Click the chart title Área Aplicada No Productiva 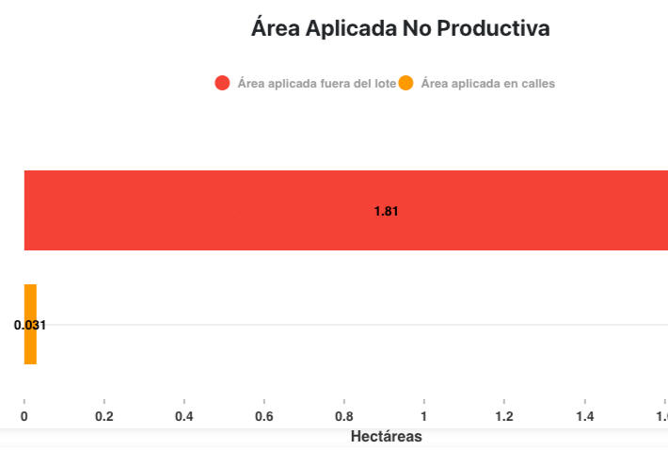click(x=400, y=28)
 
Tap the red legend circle click(x=223, y=83)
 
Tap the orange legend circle click(x=406, y=83)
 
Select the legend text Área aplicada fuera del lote click(x=316, y=83)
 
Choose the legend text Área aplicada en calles click(x=487, y=83)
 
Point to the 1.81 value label click(x=387, y=211)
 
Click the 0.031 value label click(x=30, y=325)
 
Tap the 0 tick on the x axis click(x=24, y=417)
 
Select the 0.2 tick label click(x=104, y=417)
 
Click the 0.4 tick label click(x=184, y=417)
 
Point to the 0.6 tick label click(x=264, y=417)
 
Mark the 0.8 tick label click(x=344, y=417)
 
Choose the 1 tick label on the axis click(x=424, y=417)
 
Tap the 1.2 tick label click(x=504, y=417)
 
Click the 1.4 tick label click(x=584, y=417)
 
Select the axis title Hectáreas click(x=386, y=437)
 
